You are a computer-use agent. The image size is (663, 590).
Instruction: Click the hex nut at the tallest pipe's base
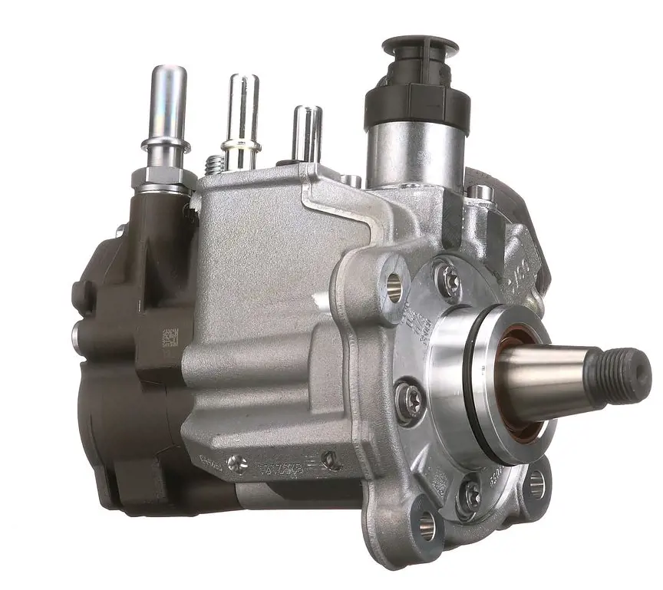click(x=162, y=180)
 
